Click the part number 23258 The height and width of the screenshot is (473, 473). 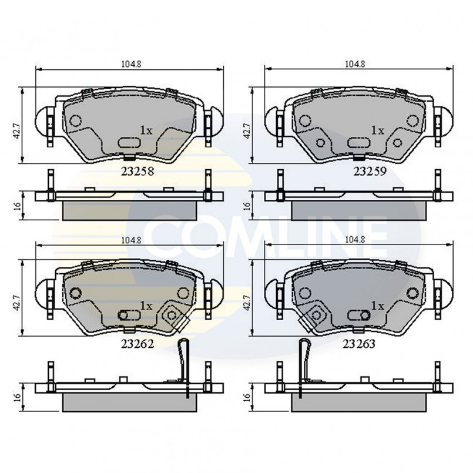click(137, 172)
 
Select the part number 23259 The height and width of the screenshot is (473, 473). click(370, 172)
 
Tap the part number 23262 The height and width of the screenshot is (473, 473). click(137, 344)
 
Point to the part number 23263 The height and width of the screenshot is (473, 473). click(358, 344)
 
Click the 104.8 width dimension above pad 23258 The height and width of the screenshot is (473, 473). click(131, 64)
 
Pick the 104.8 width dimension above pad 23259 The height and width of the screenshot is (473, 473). click(355, 64)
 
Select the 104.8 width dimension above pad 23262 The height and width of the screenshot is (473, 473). click(131, 240)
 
